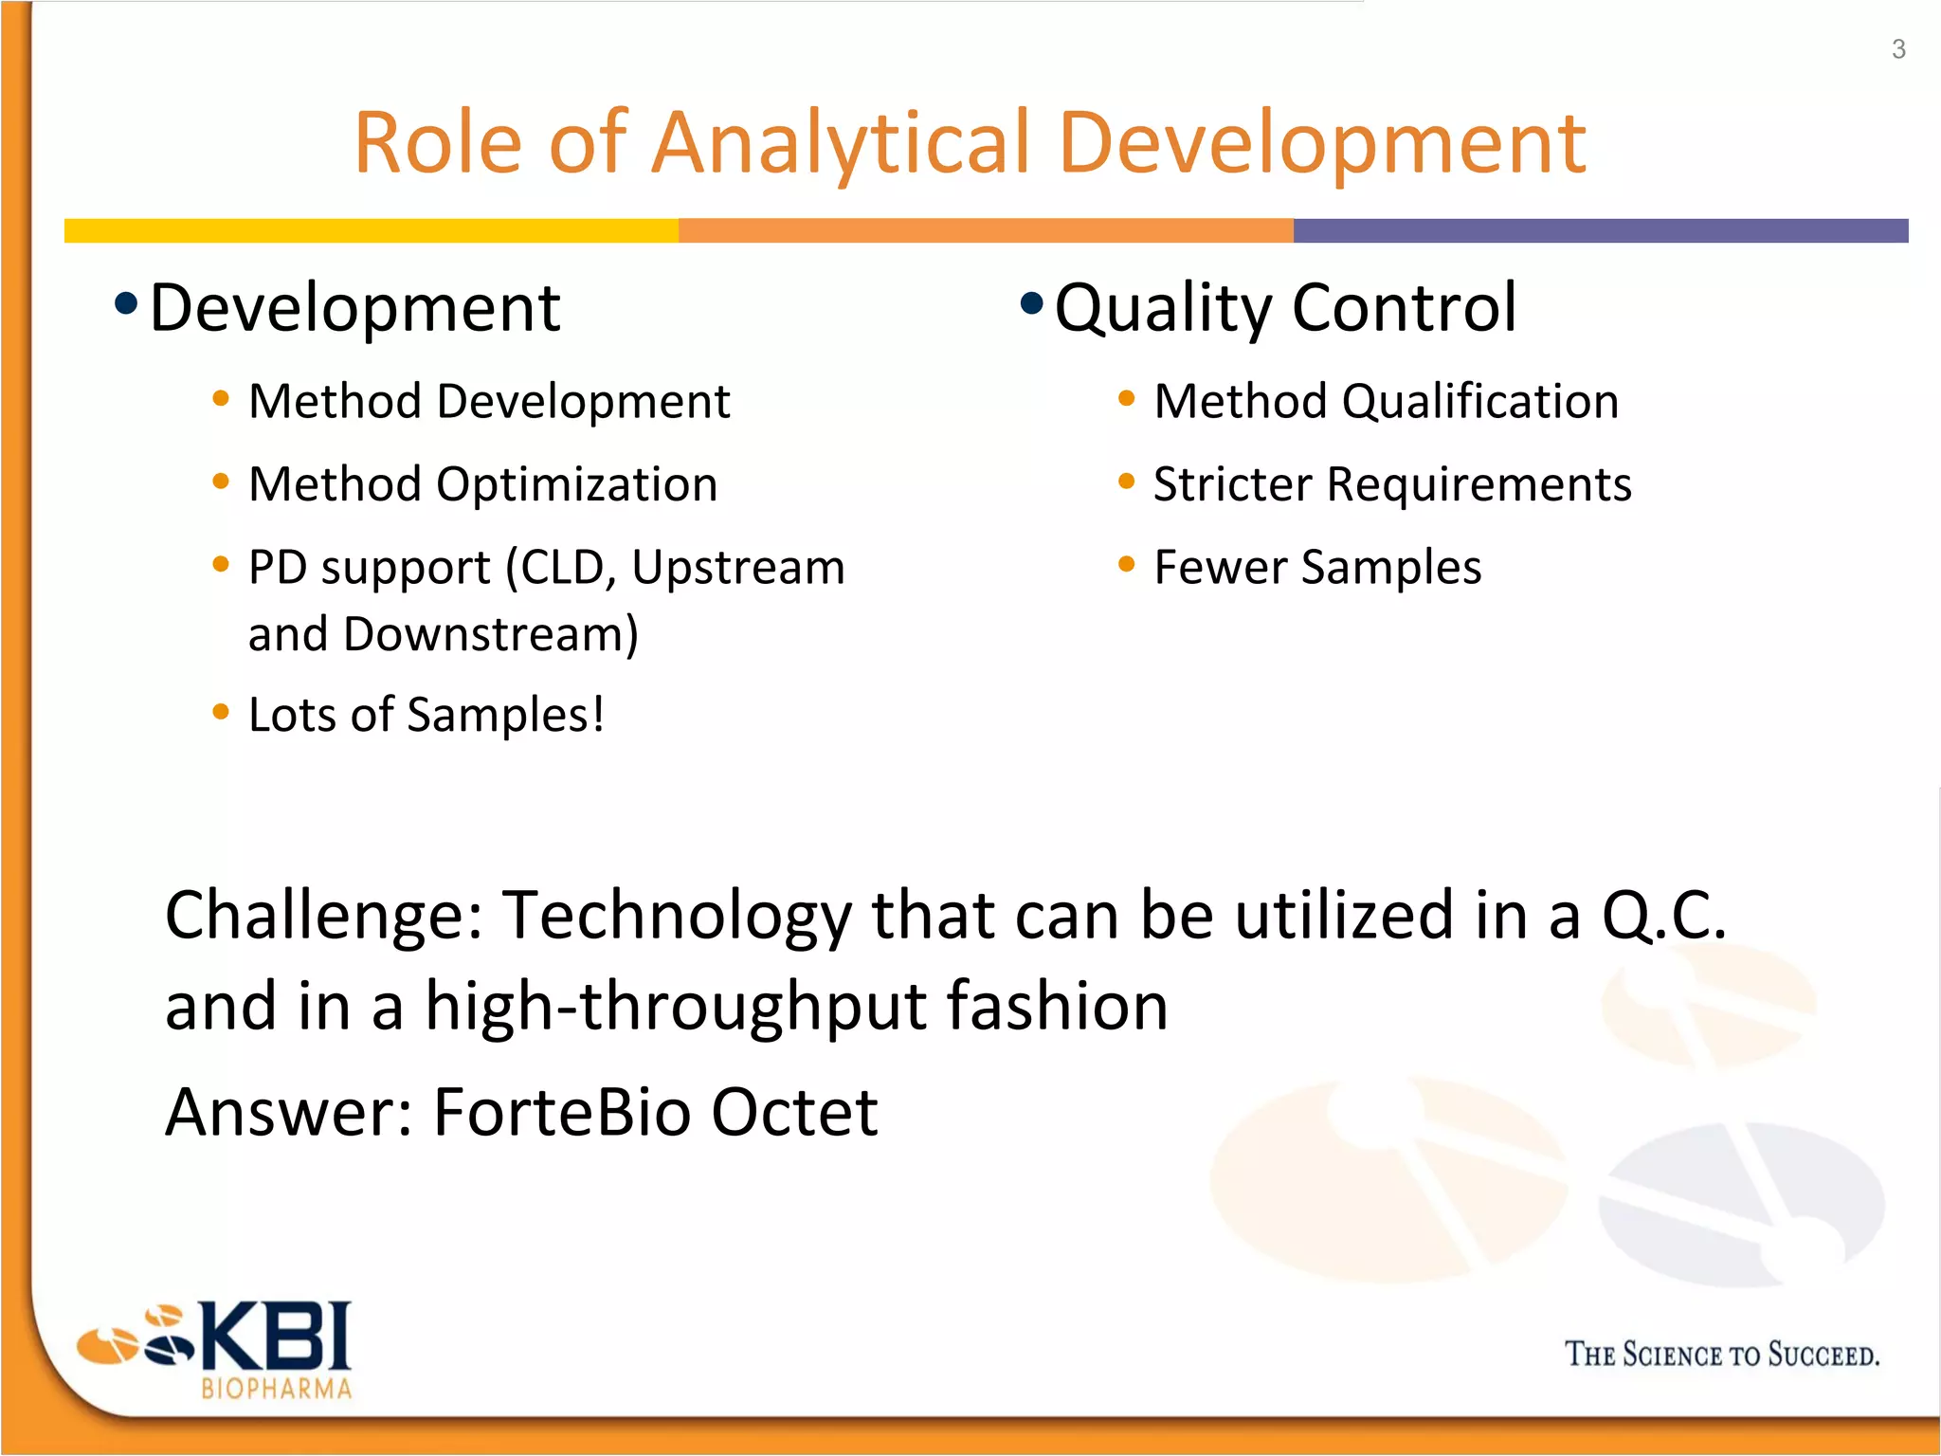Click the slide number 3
tap(1898, 49)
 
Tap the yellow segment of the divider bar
tap(371, 230)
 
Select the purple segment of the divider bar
tap(1600, 230)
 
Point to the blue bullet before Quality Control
tap(1031, 304)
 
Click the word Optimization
tap(576, 484)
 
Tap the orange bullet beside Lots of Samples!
tap(221, 712)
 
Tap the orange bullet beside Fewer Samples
tap(1126, 565)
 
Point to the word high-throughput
tap(675, 1006)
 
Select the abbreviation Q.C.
tap(1664, 916)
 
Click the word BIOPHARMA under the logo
tap(277, 1389)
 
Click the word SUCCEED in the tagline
tap(1823, 1355)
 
